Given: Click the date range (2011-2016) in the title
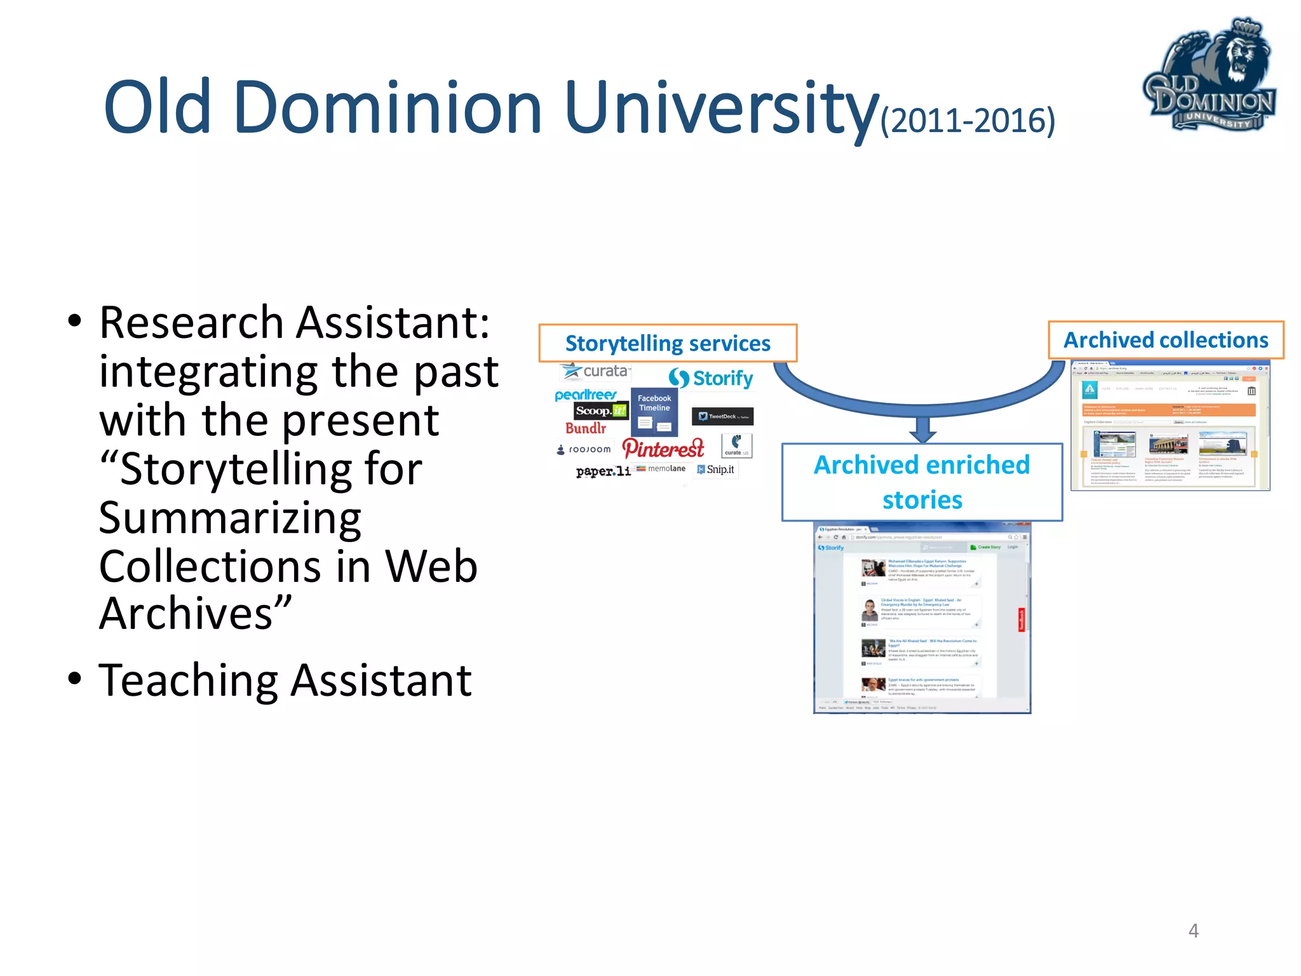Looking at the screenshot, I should [x=967, y=120].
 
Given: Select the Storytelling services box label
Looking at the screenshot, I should [x=668, y=343].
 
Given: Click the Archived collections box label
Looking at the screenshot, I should [x=1166, y=340].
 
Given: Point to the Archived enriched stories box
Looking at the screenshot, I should [x=922, y=482].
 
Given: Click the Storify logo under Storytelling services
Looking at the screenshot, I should [x=711, y=379].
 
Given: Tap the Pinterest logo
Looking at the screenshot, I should [x=663, y=449].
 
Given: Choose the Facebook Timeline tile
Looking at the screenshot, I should [x=654, y=412].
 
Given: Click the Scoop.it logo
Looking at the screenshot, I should [x=600, y=411].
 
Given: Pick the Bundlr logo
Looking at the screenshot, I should [x=586, y=429].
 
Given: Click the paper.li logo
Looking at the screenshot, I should [x=603, y=471].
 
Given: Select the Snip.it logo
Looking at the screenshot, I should [x=716, y=470].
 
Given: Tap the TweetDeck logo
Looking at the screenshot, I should [x=722, y=417].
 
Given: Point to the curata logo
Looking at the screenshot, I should [x=596, y=371].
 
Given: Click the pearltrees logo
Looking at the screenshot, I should [x=585, y=395].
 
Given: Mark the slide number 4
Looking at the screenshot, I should [x=1193, y=931].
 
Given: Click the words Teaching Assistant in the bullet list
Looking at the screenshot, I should [x=285, y=681].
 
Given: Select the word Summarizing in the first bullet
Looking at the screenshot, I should [x=230, y=518].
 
